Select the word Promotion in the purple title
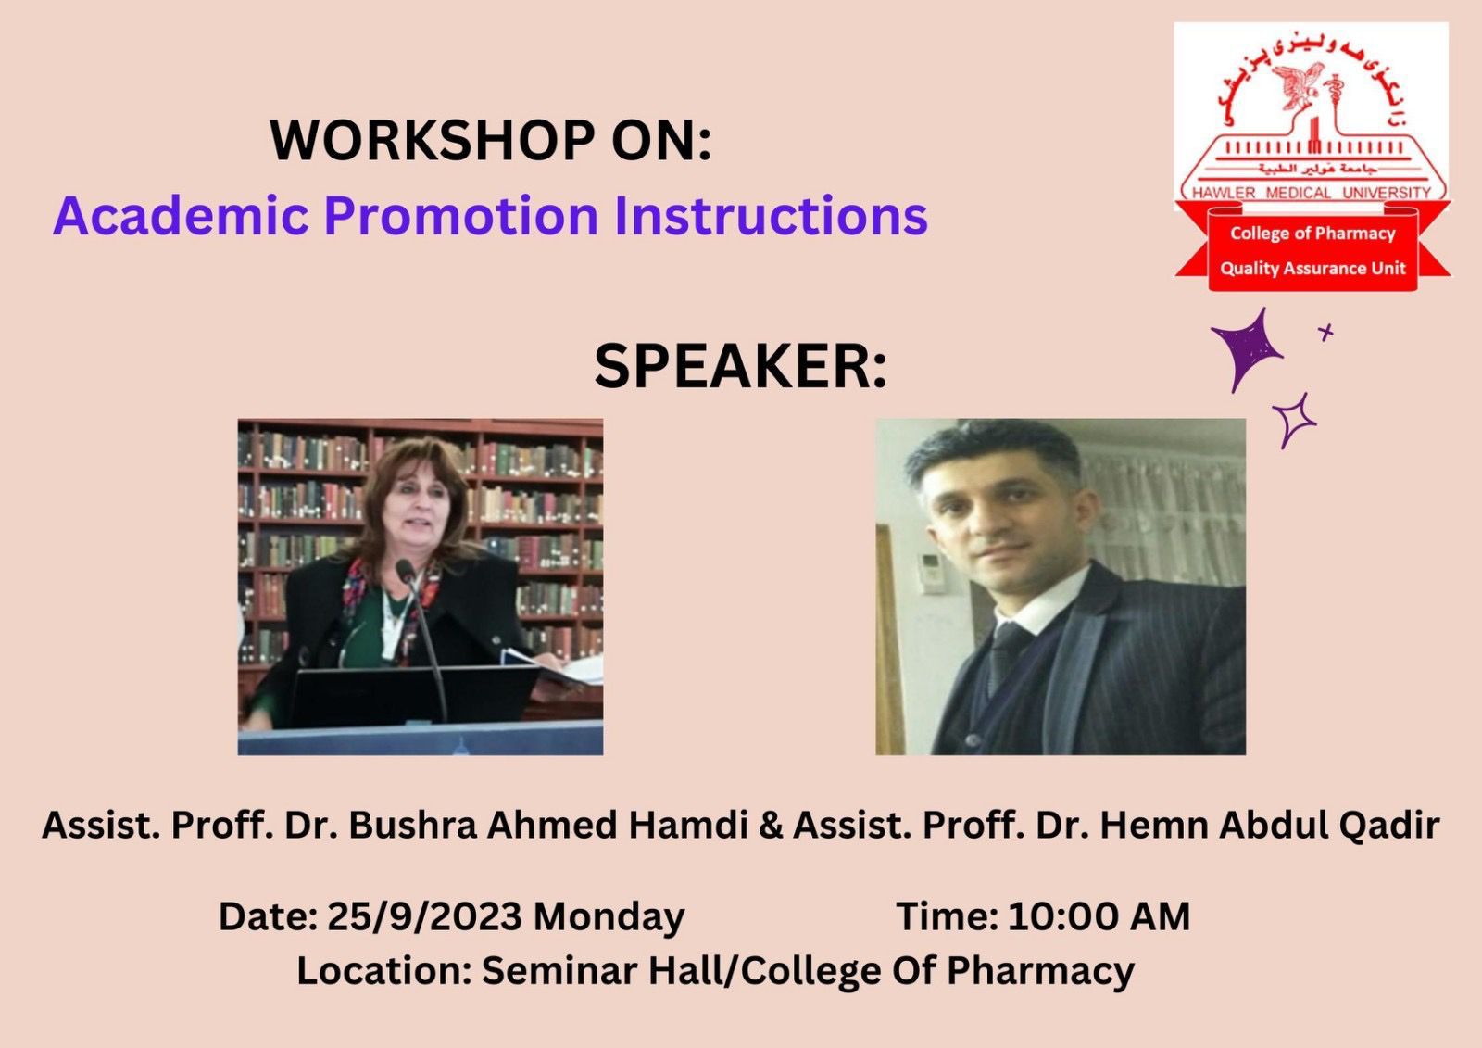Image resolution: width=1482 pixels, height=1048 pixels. click(x=462, y=216)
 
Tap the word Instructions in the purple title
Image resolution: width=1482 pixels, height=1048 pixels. click(x=771, y=216)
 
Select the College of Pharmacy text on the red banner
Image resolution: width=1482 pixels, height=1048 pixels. click(x=1312, y=233)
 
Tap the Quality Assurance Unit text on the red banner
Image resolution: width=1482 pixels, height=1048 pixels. click(x=1312, y=268)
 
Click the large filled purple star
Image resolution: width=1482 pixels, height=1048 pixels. click(x=1246, y=349)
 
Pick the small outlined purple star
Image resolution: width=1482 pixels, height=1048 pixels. click(x=1294, y=420)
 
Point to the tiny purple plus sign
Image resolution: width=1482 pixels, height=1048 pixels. click(x=1325, y=332)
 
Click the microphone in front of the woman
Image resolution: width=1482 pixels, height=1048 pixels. click(x=422, y=636)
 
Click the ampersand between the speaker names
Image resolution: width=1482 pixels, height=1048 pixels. click(x=771, y=827)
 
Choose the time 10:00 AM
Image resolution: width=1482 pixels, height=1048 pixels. click(x=1099, y=917)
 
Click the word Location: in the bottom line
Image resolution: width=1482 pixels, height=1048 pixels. click(x=384, y=971)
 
